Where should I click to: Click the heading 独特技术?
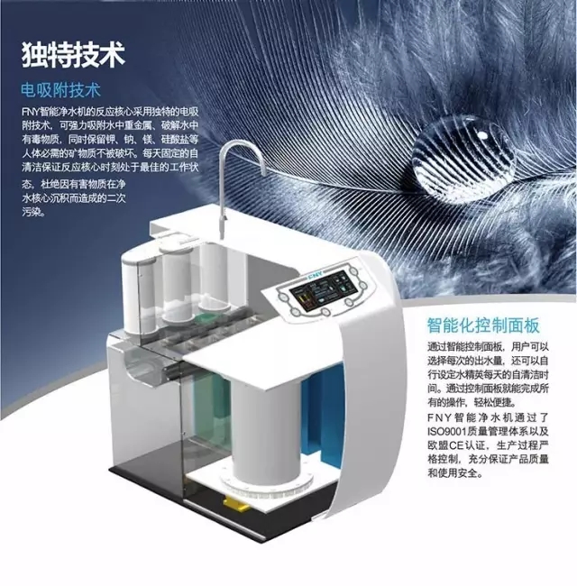(73, 55)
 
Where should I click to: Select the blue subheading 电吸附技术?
(60, 90)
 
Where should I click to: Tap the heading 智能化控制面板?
(483, 325)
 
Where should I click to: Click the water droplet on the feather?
(463, 155)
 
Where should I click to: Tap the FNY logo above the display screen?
(317, 274)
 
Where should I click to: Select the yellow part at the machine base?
(237, 504)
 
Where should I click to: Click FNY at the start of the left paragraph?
(30, 112)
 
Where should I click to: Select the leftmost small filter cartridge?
(138, 291)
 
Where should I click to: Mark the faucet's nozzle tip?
(223, 234)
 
